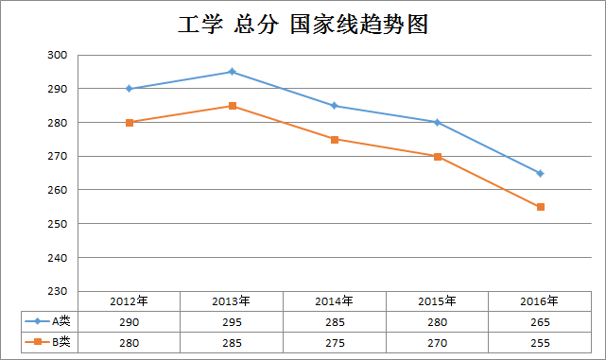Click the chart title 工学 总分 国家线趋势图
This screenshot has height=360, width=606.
click(303, 25)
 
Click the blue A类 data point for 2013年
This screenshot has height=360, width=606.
click(232, 72)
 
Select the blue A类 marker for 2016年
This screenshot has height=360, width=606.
click(540, 173)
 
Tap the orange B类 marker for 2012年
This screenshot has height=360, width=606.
click(130, 122)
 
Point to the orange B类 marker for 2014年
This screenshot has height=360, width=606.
click(335, 139)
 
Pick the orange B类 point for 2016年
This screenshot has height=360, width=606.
click(540, 207)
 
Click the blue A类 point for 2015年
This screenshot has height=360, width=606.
click(437, 122)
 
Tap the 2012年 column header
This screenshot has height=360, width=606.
click(130, 301)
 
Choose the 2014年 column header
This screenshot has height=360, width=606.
click(335, 301)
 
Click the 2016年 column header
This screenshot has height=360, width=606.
click(540, 301)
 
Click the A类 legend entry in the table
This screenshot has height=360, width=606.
click(51, 322)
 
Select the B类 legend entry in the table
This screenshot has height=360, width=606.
click(51, 342)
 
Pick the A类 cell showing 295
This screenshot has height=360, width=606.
click(232, 322)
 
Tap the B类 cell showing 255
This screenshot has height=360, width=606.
click(540, 342)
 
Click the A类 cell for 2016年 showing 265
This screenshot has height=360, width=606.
click(540, 322)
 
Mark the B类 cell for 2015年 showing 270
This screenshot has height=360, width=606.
click(437, 342)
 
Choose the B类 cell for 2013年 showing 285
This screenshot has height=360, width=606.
click(232, 342)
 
